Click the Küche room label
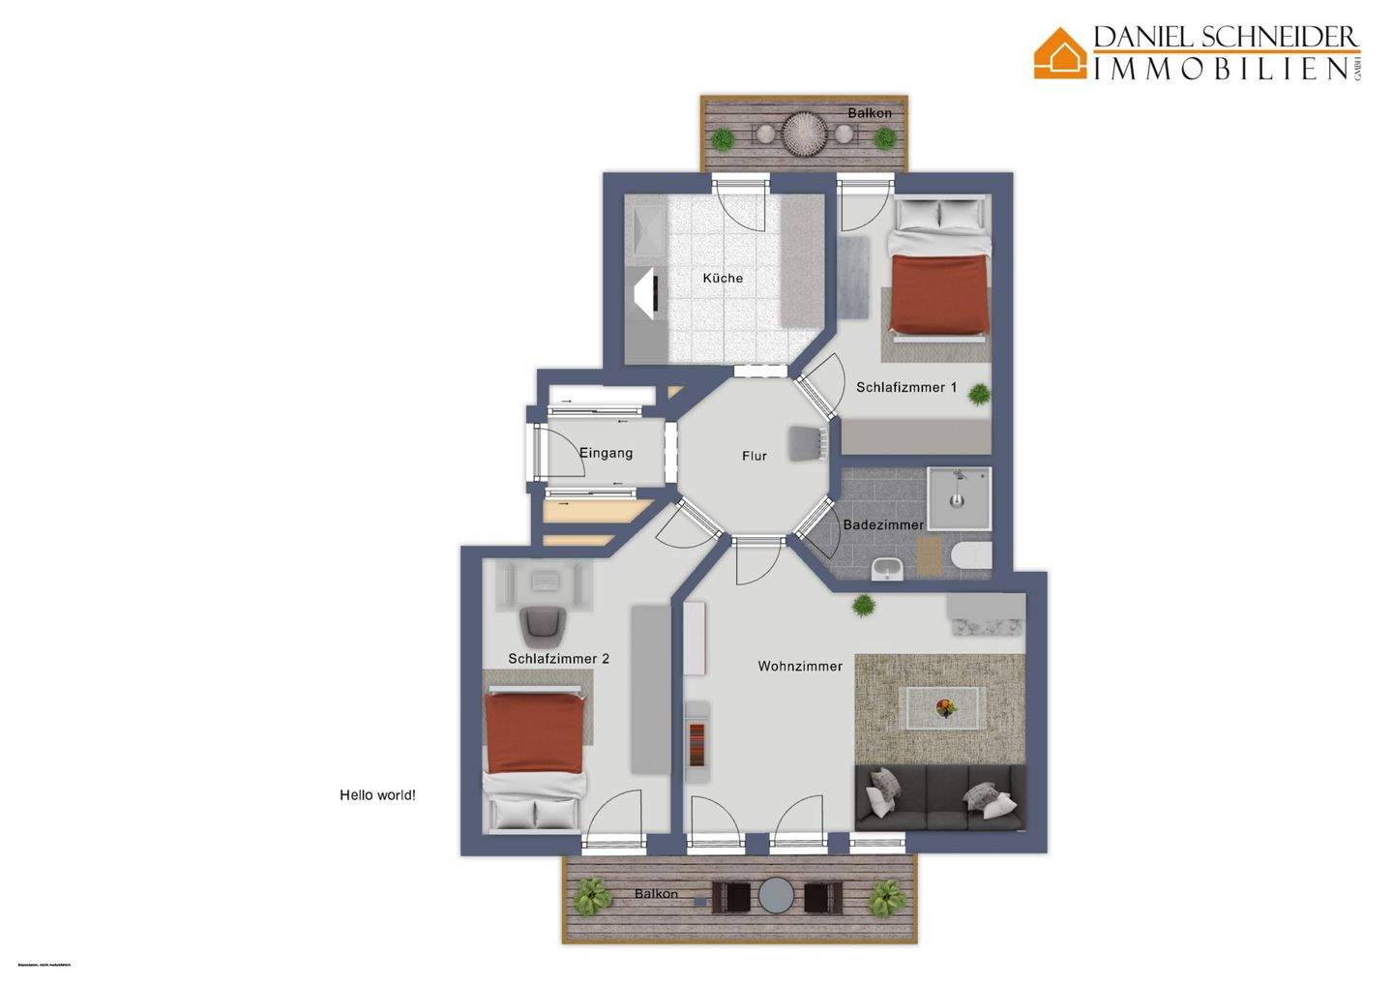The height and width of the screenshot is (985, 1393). point(723,278)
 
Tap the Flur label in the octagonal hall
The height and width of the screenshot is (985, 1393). point(754,456)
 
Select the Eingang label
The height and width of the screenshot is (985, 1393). point(606,453)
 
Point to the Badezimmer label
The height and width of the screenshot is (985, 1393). point(882,525)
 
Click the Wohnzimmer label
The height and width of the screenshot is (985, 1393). point(799,666)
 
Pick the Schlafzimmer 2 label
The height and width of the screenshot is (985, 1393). point(558,659)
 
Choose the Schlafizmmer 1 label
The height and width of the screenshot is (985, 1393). point(905,387)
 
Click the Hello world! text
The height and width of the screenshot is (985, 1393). point(377,795)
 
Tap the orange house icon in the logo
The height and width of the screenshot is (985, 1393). point(1059,53)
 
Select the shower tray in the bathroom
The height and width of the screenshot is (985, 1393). point(959,499)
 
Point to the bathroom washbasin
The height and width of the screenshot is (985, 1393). point(886,569)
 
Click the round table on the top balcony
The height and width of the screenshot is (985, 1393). point(802,134)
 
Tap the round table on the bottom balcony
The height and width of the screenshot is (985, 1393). point(776,896)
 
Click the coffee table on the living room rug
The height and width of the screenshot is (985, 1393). point(943,707)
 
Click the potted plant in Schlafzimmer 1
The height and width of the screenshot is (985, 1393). point(979,394)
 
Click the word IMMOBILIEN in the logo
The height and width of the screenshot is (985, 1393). point(1221,68)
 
